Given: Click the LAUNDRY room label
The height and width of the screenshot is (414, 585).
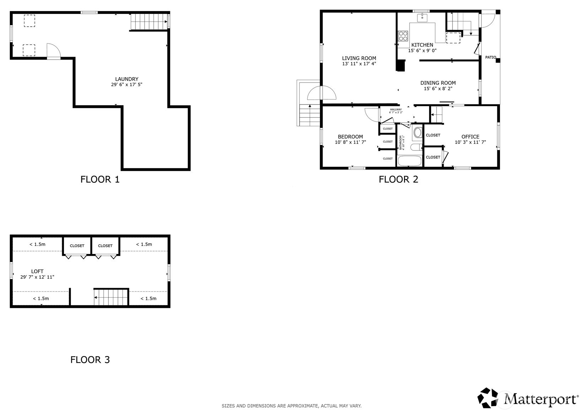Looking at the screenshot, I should [126, 79].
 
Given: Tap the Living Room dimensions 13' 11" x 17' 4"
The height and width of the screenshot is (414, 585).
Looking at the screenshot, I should [359, 64].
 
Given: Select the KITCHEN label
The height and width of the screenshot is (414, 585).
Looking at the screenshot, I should [422, 45].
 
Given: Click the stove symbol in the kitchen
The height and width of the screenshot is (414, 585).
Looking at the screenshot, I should [403, 36].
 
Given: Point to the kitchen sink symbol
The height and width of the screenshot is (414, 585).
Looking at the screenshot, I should [422, 17].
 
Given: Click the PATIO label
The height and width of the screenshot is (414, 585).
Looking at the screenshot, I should [491, 57].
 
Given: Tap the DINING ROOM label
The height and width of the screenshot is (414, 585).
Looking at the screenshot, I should [438, 83].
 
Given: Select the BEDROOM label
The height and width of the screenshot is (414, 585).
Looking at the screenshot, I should [350, 137].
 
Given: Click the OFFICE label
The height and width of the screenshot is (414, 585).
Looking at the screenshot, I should [470, 137].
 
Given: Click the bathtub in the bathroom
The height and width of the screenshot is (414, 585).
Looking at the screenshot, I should [410, 161].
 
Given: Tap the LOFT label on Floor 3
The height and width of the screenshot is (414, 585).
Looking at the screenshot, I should [37, 271].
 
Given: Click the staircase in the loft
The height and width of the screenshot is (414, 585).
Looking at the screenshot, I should [111, 297].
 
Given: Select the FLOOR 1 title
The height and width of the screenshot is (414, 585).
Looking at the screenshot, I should [100, 179].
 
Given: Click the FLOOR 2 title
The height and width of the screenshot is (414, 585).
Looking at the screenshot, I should [398, 179].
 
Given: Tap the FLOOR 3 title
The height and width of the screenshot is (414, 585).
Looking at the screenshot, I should [90, 360].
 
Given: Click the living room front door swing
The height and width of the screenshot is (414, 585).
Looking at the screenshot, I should [321, 93].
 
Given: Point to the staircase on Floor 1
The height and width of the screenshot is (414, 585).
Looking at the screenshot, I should [149, 22].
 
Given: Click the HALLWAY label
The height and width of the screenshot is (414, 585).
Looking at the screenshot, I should [395, 110].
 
